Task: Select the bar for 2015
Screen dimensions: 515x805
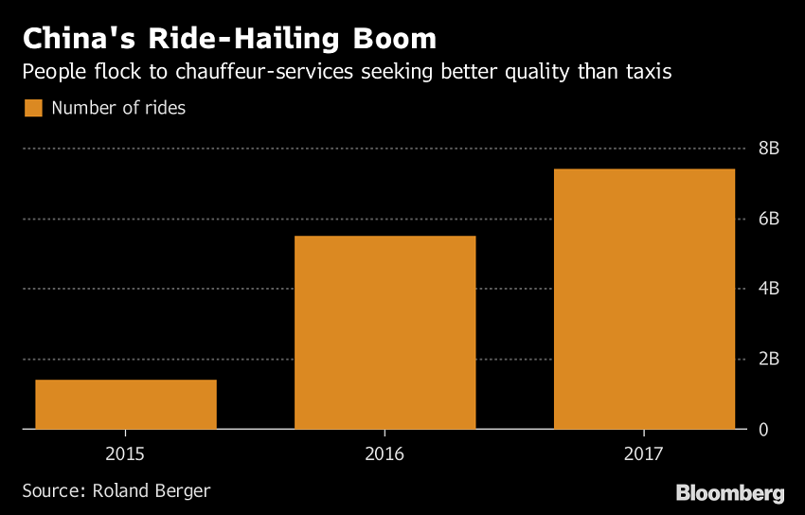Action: tap(126, 404)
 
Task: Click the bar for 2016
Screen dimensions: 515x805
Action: tap(385, 332)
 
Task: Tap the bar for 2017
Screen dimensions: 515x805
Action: tap(644, 299)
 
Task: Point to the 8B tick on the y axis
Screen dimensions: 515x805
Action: tap(768, 149)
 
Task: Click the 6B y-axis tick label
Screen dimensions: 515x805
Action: tap(768, 219)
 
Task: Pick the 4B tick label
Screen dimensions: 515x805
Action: tap(768, 289)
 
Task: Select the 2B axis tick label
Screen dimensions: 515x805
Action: tap(768, 359)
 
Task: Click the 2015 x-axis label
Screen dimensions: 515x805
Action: tap(126, 454)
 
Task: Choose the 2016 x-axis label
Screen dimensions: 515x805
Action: tap(385, 454)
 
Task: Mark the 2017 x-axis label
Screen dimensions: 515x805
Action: tap(644, 454)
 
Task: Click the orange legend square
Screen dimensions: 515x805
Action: tap(33, 108)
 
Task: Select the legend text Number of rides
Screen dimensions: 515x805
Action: tap(118, 108)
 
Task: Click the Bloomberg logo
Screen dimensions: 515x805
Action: tap(729, 493)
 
